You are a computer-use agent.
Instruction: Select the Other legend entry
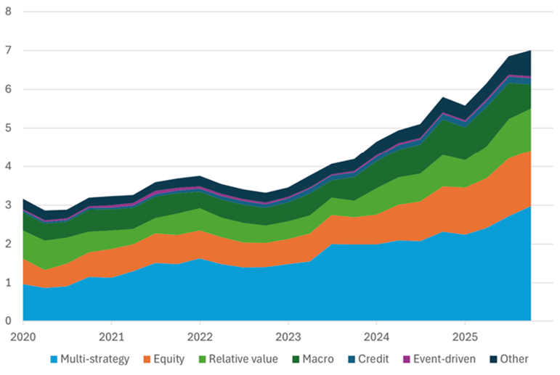(x=514, y=359)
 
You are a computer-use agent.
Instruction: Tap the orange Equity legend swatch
(x=150, y=359)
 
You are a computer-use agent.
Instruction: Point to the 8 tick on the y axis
(x=7, y=12)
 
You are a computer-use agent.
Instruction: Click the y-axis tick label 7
(x=7, y=51)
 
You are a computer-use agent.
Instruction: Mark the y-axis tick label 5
(x=7, y=128)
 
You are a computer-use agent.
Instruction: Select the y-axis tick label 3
(x=7, y=205)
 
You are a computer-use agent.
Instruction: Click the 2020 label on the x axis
(x=23, y=337)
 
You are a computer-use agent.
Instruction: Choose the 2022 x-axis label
(x=200, y=337)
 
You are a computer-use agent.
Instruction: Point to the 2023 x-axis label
(x=288, y=337)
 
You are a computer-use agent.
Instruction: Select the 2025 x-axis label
(x=464, y=337)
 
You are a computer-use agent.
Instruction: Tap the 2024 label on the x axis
(x=376, y=337)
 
